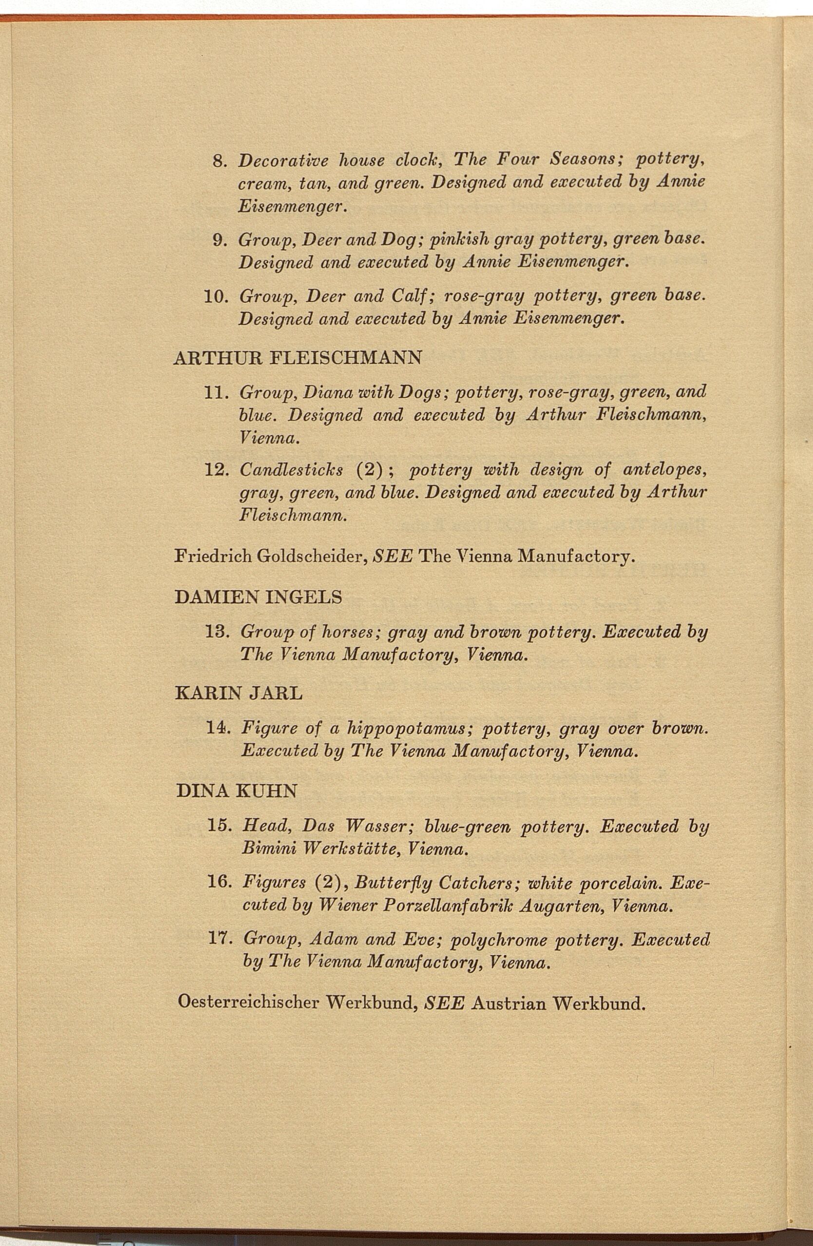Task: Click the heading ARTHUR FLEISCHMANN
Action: pos(298,358)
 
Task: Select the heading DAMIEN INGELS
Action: pos(258,597)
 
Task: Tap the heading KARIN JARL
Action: pos(239,694)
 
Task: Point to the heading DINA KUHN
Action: pos(237,790)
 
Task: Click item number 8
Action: pos(219,160)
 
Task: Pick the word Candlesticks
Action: pos(291,470)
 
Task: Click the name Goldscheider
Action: pos(312,555)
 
